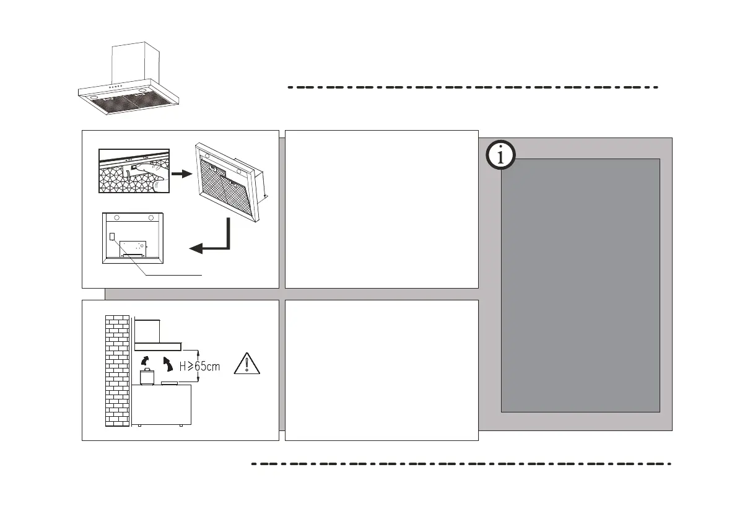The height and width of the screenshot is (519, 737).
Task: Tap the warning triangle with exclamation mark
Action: pos(247,364)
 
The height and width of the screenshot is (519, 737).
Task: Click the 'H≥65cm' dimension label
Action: pos(199,366)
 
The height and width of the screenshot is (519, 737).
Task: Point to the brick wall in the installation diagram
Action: pos(117,372)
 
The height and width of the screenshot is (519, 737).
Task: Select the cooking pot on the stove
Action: pos(147,377)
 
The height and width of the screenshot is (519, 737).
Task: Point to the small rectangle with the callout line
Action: pos(113,236)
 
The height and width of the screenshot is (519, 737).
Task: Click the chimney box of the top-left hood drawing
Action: pos(134,61)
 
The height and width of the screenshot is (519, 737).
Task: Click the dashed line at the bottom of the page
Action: pos(461,463)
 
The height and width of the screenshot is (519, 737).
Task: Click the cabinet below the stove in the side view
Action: pos(161,406)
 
